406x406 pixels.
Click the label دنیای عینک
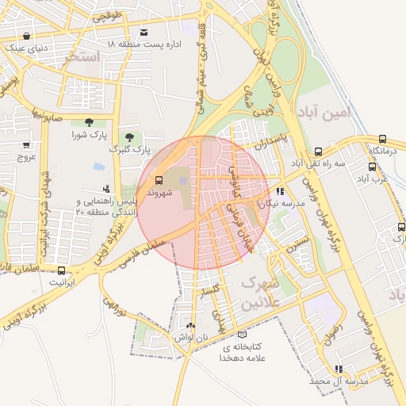click(x=26, y=48)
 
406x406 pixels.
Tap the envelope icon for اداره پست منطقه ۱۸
click(x=144, y=33)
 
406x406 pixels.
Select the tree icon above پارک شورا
click(x=88, y=122)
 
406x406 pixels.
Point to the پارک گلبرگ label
click(x=128, y=149)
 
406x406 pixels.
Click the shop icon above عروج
click(x=26, y=145)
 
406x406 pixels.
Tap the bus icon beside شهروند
click(x=158, y=180)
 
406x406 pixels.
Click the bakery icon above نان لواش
click(x=190, y=325)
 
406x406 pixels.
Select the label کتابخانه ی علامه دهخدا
click(x=251, y=353)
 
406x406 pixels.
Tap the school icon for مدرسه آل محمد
click(x=339, y=369)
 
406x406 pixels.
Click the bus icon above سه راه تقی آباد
click(x=318, y=151)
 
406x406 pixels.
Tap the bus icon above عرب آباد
click(x=372, y=167)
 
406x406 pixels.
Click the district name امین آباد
click(x=326, y=113)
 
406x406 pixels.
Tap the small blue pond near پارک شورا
click(x=98, y=167)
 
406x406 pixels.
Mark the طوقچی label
click(x=108, y=16)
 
